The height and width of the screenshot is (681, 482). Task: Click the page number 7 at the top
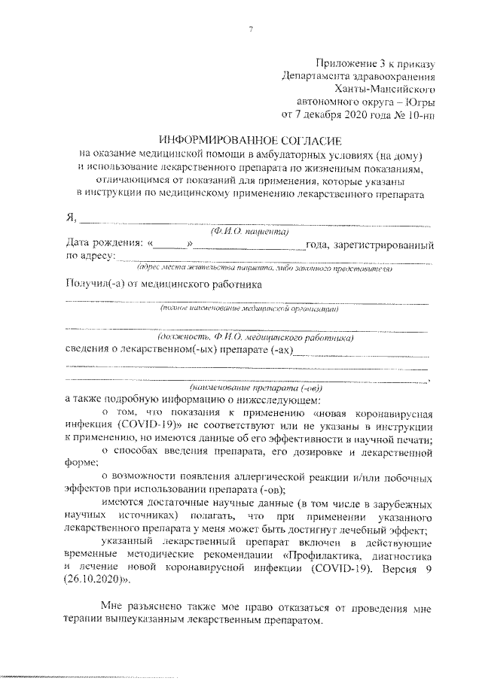251,29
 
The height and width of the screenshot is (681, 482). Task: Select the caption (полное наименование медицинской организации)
249,309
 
